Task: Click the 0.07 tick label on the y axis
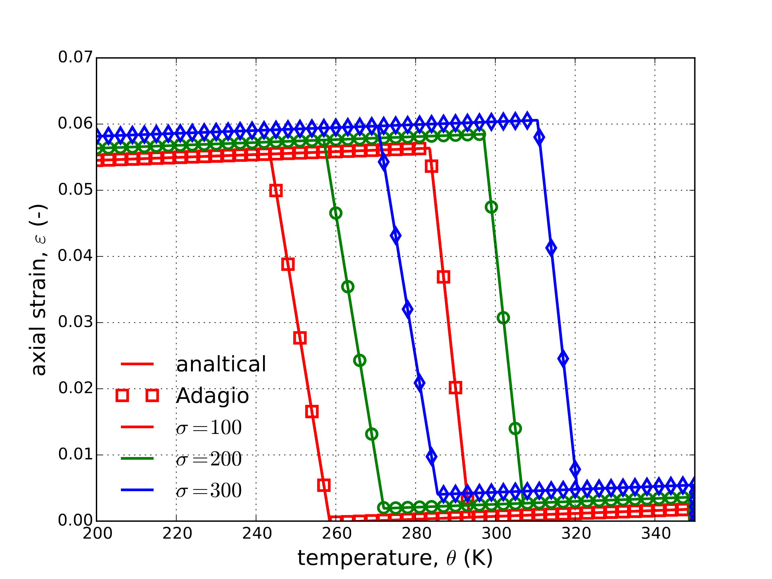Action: pos(75,57)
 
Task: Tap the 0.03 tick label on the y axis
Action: pos(75,322)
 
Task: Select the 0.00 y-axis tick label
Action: pos(75,520)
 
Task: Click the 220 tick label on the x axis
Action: pos(177,534)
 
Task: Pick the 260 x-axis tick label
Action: pos(336,534)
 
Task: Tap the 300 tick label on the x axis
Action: pos(496,534)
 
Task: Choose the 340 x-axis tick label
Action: pos(656,534)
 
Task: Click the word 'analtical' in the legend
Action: pos(221,364)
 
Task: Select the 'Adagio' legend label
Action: pos(212,396)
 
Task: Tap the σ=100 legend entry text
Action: pos(209,428)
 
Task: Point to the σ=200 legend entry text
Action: pos(209,459)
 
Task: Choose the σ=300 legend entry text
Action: pos(209,490)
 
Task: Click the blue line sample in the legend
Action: pos(137,490)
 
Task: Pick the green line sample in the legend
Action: pos(137,458)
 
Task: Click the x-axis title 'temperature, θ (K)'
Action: pos(395,558)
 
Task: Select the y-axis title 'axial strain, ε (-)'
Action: pos(39,290)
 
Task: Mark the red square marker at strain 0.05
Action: pos(276,191)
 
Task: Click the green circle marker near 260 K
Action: pos(336,213)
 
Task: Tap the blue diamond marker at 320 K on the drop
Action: pos(575,469)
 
